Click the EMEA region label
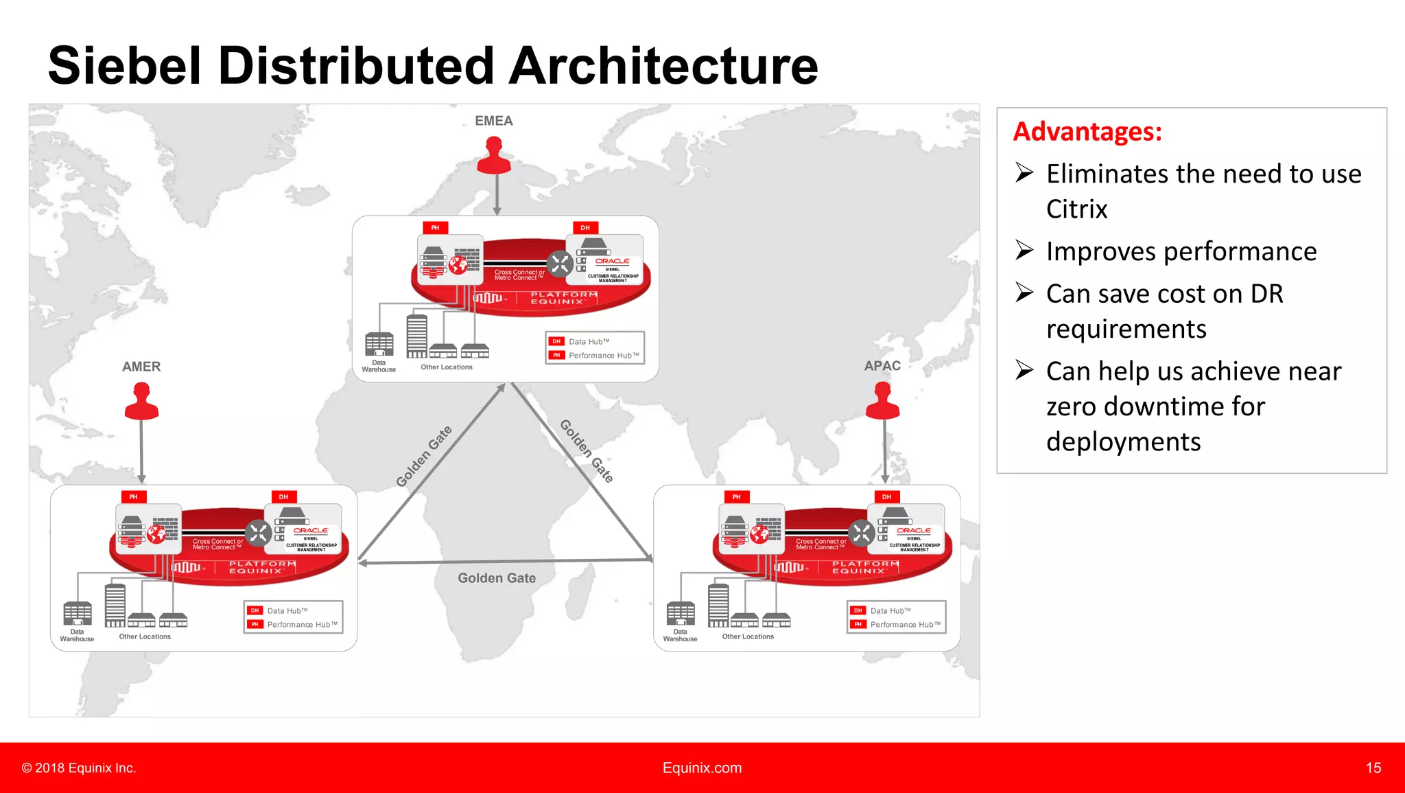[x=493, y=121]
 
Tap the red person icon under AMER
[x=141, y=402]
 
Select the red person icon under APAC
[x=882, y=402]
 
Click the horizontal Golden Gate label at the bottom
[x=497, y=578]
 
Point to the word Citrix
[x=1076, y=209]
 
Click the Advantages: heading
[x=1087, y=132]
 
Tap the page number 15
[x=1373, y=768]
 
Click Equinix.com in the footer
[x=702, y=768]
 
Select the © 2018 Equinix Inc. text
[x=79, y=768]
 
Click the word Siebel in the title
[x=124, y=66]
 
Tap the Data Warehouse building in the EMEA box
[x=379, y=344]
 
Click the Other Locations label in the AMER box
[x=145, y=636]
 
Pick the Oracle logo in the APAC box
[x=914, y=530]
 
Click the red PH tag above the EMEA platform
[x=435, y=228]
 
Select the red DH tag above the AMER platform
[x=283, y=496]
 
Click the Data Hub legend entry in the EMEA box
[x=588, y=341]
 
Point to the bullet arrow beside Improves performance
[x=1024, y=251]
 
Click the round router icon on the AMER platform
[x=259, y=533]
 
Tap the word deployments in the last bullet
[x=1123, y=441]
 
